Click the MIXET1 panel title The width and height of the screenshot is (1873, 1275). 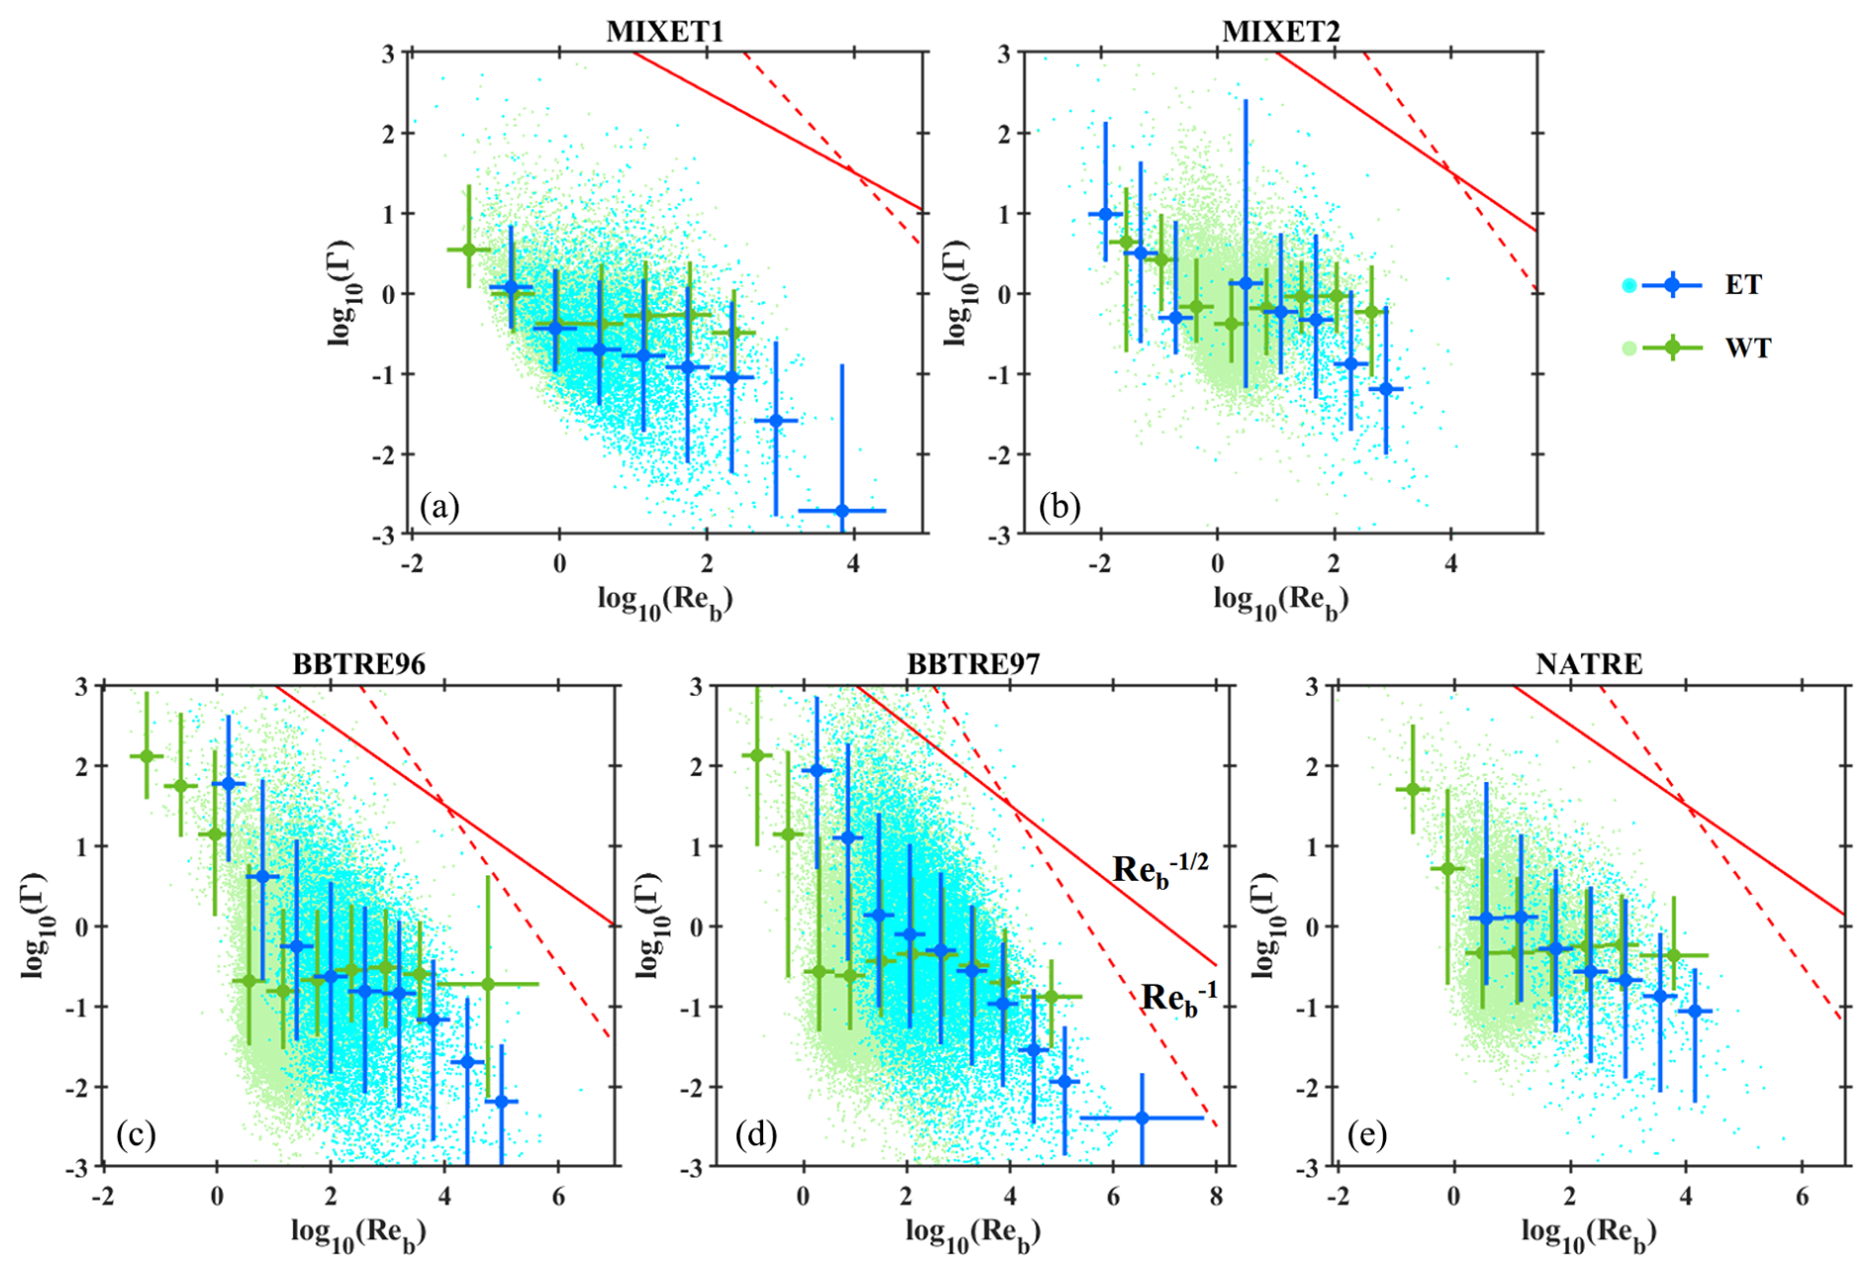point(664,32)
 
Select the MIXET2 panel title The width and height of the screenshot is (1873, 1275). point(1281,32)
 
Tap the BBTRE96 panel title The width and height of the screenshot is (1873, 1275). point(358,663)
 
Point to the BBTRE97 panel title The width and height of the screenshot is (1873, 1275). point(973,663)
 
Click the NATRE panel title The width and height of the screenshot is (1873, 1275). point(1589,663)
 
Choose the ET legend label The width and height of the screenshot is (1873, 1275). point(1743,285)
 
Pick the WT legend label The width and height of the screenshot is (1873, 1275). point(1747,347)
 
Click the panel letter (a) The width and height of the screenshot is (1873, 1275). point(440,507)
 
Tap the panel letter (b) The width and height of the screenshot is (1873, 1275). point(1059,507)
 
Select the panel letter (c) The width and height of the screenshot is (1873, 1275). point(136,1134)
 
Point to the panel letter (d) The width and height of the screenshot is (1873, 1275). point(755,1134)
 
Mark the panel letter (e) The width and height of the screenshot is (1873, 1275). point(1367,1134)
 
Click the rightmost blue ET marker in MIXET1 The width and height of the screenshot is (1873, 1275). point(842,511)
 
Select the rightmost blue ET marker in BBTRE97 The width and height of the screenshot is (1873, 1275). point(1141,1118)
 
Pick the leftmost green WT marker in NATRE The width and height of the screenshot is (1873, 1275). point(1413,789)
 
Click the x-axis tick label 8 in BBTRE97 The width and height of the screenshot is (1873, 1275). point(1217,1197)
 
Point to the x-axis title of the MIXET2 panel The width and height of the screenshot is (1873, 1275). point(1281,600)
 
